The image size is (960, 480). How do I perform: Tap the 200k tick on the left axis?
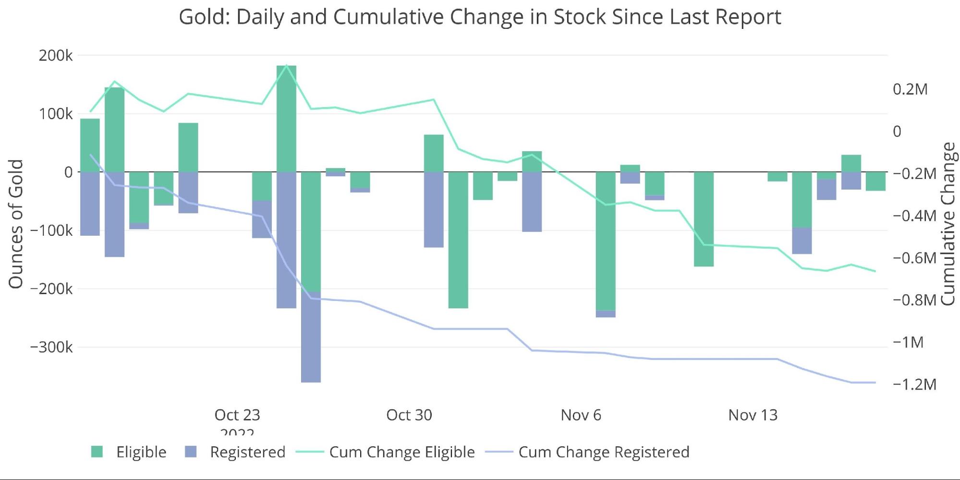click(56, 56)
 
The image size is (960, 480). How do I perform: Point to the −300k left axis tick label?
click(51, 347)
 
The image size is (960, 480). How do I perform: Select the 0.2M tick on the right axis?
click(910, 89)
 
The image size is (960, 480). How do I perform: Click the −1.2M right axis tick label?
click(914, 384)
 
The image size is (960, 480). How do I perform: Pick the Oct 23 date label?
click(237, 415)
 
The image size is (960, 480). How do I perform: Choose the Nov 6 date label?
click(581, 415)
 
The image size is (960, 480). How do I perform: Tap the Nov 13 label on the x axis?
click(753, 415)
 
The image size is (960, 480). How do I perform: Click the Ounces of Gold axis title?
click(16, 224)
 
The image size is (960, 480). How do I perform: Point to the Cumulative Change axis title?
click(948, 224)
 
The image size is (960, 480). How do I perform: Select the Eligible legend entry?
click(129, 452)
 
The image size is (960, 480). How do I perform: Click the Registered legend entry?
click(235, 452)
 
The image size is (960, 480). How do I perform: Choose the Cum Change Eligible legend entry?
click(385, 452)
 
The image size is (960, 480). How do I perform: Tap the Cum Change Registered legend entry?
click(587, 452)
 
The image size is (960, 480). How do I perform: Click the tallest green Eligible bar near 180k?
click(286, 119)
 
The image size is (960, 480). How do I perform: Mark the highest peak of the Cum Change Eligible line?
click(286, 65)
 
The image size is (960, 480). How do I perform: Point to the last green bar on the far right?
click(875, 181)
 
